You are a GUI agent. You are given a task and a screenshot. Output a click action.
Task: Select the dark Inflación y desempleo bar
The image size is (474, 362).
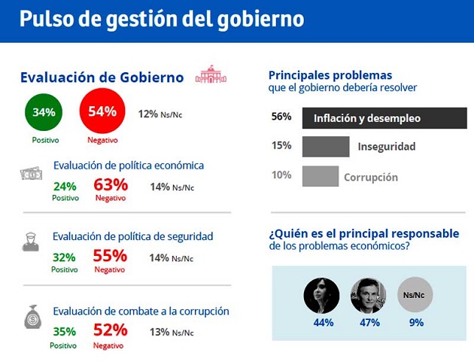click(384, 118)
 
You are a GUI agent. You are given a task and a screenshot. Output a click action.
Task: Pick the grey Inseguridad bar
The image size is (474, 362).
click(326, 147)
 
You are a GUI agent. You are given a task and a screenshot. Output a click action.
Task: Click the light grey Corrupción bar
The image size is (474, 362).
click(321, 177)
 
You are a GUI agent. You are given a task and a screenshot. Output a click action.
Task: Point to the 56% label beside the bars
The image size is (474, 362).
click(281, 117)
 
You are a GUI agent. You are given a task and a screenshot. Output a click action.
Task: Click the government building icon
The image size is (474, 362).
click(211, 75)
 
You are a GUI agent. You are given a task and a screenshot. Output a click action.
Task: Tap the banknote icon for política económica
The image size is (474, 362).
click(31, 174)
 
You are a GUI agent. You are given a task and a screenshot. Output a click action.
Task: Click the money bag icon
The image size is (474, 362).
click(32, 316)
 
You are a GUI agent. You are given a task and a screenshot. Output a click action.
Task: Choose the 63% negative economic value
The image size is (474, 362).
click(111, 185)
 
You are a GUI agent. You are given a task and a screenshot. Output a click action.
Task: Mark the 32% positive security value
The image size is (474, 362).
click(64, 257)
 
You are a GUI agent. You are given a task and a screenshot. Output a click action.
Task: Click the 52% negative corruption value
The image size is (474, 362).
click(111, 330)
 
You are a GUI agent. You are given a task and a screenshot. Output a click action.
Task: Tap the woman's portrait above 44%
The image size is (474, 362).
click(321, 296)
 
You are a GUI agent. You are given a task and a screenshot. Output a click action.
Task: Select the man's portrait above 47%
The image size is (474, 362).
click(369, 296)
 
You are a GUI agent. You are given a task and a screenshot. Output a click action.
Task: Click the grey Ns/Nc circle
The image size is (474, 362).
click(415, 296)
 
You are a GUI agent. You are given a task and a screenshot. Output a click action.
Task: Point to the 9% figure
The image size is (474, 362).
click(416, 323)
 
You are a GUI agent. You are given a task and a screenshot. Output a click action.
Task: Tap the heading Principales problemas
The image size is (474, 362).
click(330, 75)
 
